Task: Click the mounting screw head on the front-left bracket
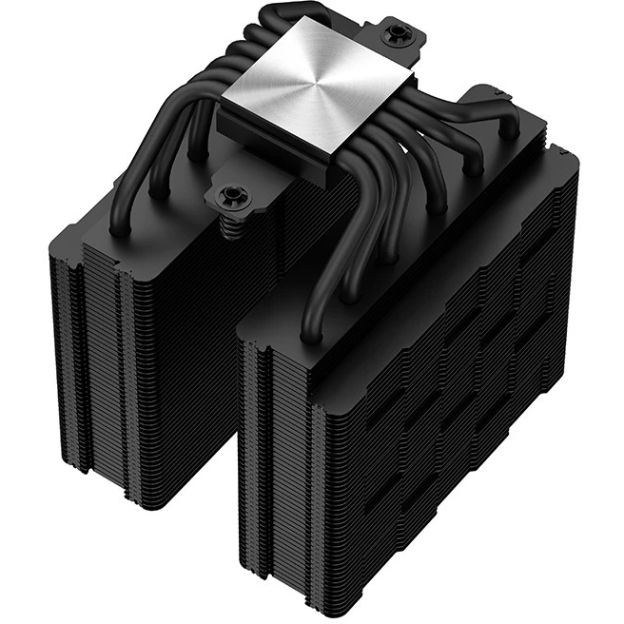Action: click(228, 196)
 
